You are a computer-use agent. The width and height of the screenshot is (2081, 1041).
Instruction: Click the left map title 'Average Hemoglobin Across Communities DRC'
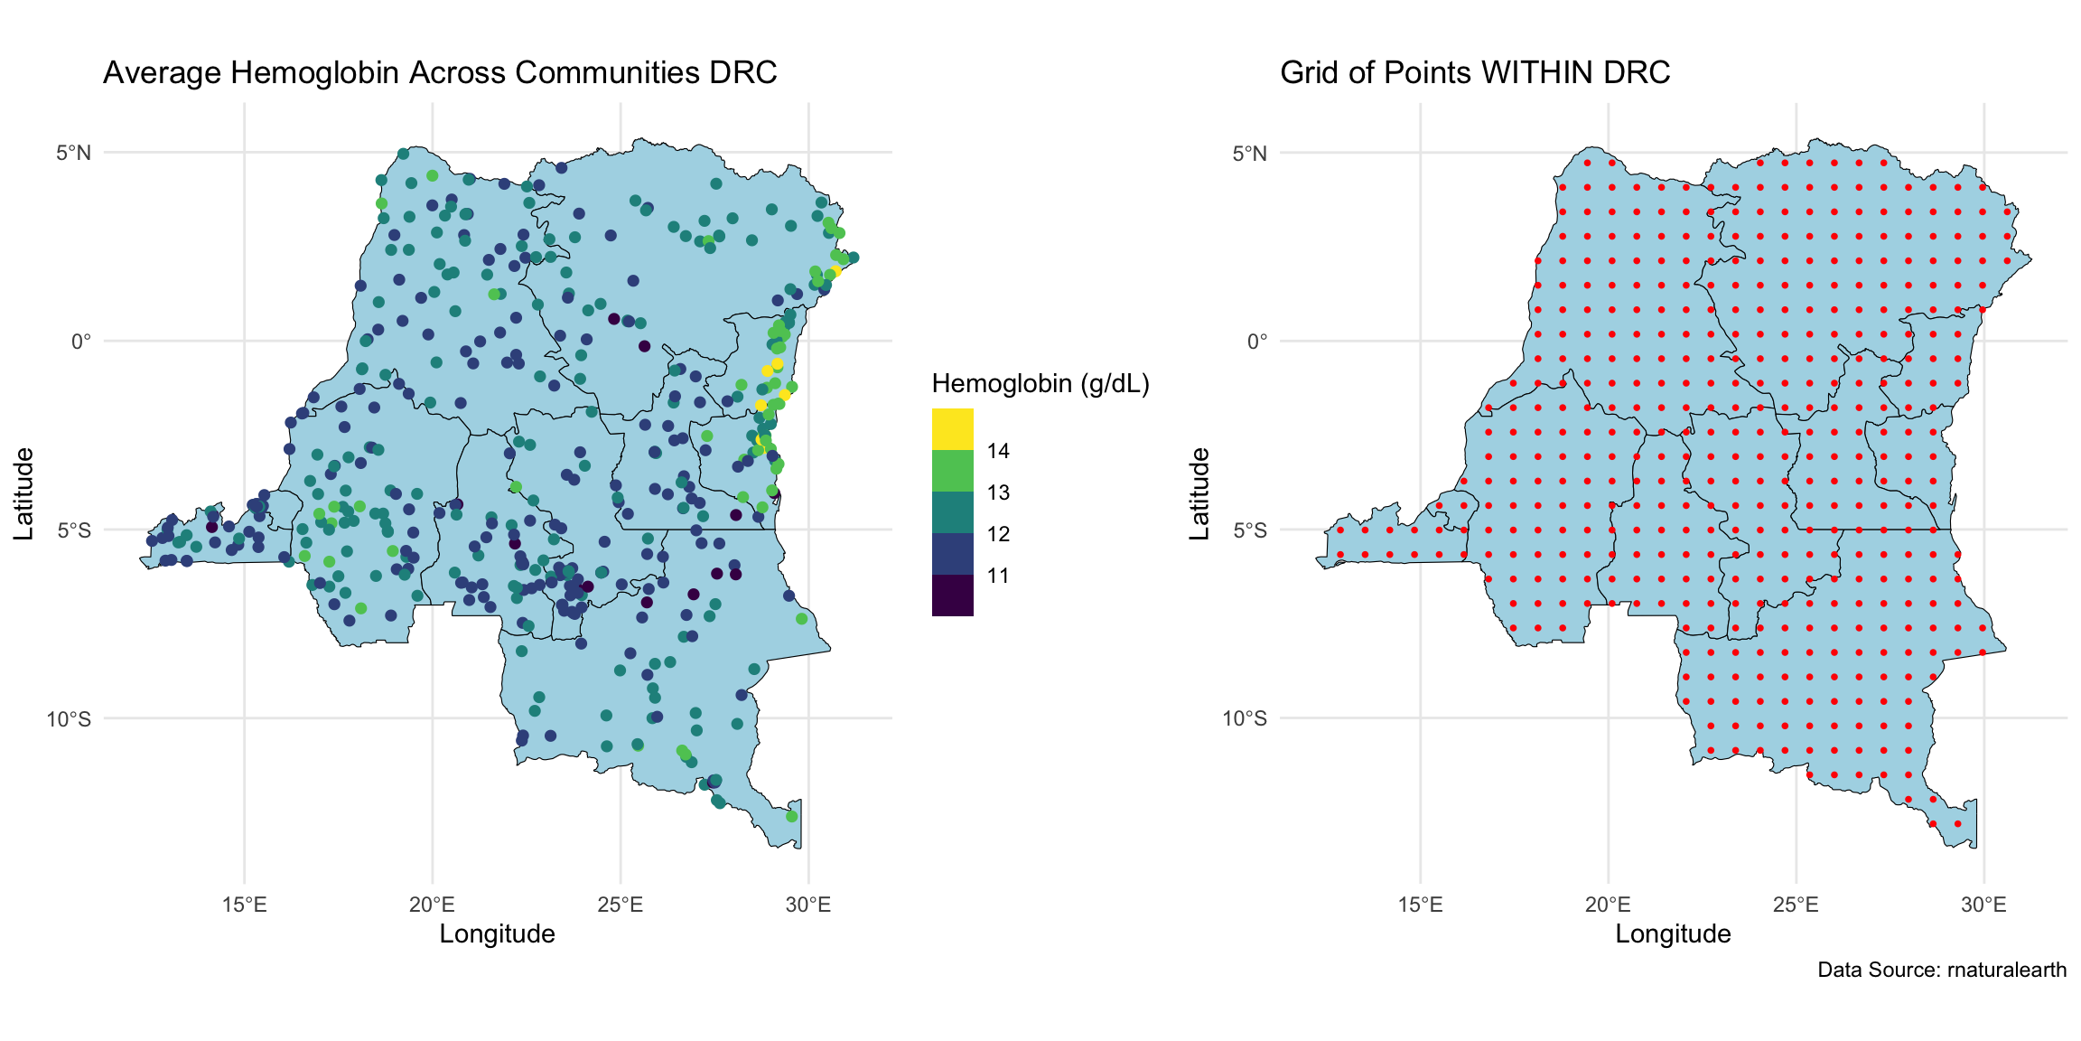tap(440, 72)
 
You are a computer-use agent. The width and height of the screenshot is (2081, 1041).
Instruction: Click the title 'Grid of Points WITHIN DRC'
tap(1475, 72)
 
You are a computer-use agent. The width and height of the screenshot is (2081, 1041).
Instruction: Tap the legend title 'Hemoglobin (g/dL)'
tap(1040, 384)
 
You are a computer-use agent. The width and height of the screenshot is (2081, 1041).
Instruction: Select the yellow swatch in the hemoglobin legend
tap(952, 429)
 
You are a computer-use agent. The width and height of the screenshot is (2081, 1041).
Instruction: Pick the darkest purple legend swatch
tap(952, 596)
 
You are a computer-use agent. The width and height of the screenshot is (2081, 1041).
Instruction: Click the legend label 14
tap(998, 451)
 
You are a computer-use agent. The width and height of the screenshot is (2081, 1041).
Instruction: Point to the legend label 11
tap(998, 576)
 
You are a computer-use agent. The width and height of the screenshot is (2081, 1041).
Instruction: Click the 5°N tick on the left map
tap(74, 153)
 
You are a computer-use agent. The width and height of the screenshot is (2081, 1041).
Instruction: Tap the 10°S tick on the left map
tap(70, 719)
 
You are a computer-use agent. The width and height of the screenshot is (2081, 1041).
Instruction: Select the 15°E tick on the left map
tap(244, 905)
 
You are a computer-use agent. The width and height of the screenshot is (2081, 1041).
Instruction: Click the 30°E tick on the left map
tap(808, 905)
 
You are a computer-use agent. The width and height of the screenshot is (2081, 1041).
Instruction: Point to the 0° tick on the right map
tap(1257, 342)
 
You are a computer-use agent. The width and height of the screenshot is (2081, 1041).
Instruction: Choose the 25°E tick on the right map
tap(1796, 905)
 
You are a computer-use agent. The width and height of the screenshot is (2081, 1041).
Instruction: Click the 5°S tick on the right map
tap(1250, 530)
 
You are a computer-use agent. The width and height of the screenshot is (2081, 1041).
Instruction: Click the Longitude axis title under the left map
tap(497, 934)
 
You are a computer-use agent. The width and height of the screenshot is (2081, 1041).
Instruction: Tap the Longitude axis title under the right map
tap(1673, 934)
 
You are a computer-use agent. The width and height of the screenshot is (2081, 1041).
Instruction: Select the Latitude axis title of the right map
tap(1199, 493)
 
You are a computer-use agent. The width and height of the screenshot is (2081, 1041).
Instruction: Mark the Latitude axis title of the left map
tap(23, 493)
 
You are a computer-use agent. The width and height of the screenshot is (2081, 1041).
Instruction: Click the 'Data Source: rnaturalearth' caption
tap(1942, 971)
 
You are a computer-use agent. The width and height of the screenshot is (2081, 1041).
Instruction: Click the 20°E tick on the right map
tap(1608, 905)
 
